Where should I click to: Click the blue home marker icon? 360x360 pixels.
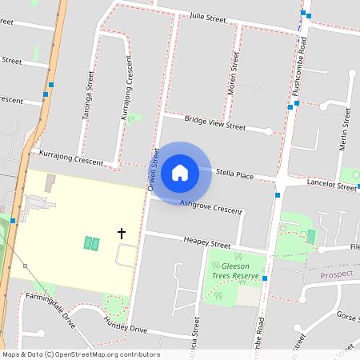click(180, 172)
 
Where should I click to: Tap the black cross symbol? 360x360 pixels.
click(122, 234)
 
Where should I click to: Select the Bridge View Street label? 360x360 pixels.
click(214, 122)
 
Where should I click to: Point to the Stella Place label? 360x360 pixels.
click(234, 174)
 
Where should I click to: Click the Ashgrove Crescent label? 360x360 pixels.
click(210, 206)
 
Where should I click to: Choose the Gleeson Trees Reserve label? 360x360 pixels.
click(235, 270)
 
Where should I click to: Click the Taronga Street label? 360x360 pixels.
click(89, 95)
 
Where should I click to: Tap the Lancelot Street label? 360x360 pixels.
click(331, 186)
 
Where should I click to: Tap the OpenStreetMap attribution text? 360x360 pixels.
click(81, 354)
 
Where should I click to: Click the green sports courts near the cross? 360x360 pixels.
click(91, 243)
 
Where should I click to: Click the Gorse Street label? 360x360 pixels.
click(347, 317)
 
